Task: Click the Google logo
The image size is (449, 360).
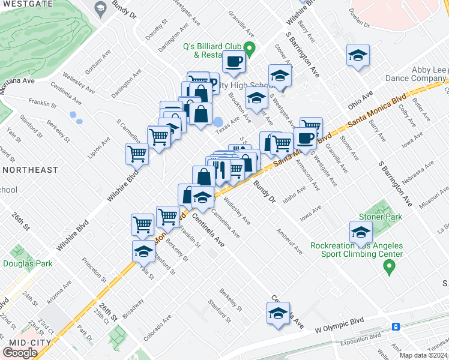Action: click(x=20, y=353)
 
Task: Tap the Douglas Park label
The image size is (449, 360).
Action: click(x=27, y=263)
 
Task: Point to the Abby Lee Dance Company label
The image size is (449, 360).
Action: click(x=429, y=74)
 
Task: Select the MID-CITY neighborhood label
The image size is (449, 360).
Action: click(x=25, y=342)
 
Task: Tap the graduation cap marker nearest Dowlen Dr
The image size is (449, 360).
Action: click(x=358, y=56)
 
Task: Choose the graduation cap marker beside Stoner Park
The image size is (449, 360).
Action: click(x=360, y=232)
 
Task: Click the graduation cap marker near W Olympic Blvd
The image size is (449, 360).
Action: click(x=277, y=314)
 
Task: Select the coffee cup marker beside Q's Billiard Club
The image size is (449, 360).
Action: click(x=234, y=61)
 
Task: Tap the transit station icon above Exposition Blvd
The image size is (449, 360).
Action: click(x=396, y=326)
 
